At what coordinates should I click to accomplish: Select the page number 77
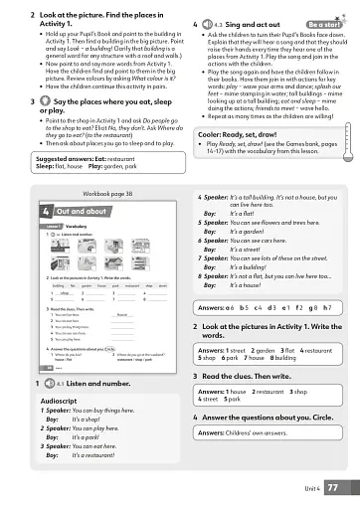pyautogui.click(x=332, y=487)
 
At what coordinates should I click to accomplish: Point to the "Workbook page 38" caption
pyautogui.click(x=108, y=191)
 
